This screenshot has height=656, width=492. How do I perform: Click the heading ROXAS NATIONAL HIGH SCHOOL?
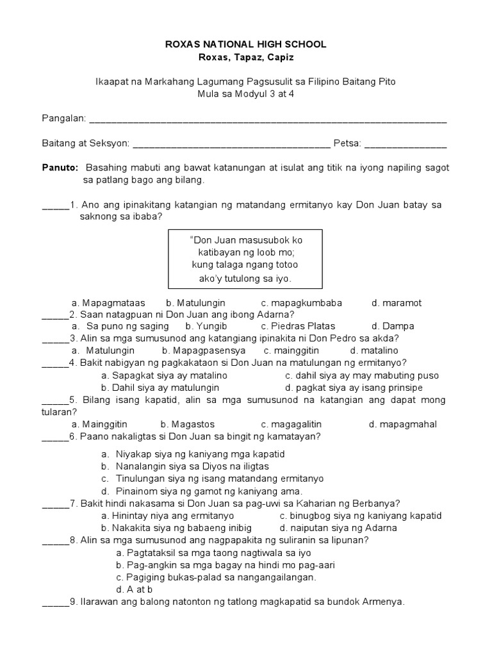(x=246, y=44)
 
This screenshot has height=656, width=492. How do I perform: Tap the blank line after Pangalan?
(x=267, y=120)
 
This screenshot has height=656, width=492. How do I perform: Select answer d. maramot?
(x=396, y=302)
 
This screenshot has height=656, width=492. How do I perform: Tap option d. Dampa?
(x=393, y=326)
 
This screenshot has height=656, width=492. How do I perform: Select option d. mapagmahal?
(x=403, y=424)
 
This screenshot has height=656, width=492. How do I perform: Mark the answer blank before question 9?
(x=55, y=602)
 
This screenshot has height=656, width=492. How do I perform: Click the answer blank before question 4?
(x=55, y=363)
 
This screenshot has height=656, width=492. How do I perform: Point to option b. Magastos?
(x=187, y=424)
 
